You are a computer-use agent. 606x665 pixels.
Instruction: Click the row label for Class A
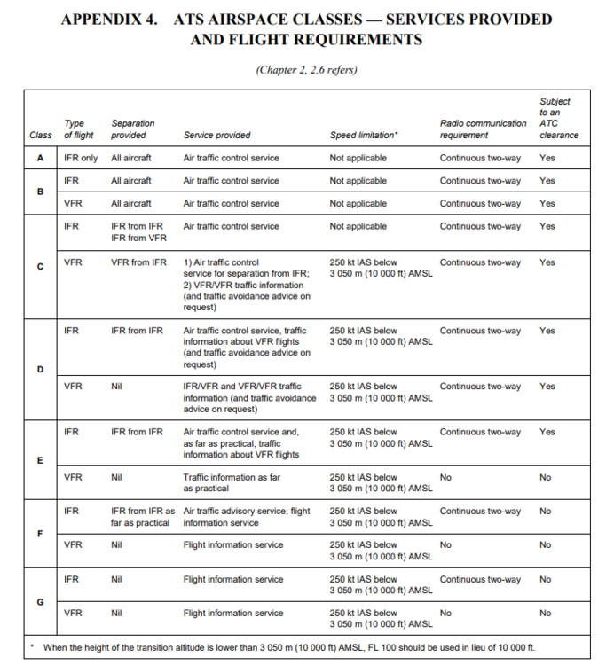[x=39, y=158]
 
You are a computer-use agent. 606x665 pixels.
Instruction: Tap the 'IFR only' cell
[x=82, y=158]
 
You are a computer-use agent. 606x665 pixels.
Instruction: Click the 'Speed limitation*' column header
[x=363, y=136]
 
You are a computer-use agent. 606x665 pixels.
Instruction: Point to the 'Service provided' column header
[x=216, y=136]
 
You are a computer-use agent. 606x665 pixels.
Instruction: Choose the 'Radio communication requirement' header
[x=483, y=129]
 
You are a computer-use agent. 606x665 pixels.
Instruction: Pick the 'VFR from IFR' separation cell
[x=138, y=262]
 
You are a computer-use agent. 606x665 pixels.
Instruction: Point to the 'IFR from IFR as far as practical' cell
[x=142, y=517]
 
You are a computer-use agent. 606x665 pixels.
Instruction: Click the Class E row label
[x=39, y=461]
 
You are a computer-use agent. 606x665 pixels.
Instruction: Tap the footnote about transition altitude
[x=287, y=648]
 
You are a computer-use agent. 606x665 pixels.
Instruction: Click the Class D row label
[x=39, y=370]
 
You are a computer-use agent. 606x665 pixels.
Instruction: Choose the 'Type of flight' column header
[x=80, y=129]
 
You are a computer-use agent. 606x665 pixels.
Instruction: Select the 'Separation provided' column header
[x=133, y=129]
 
